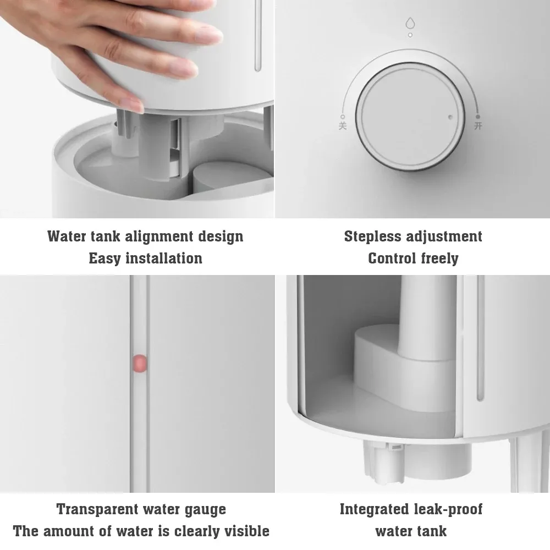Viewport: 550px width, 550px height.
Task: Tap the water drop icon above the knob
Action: (x=410, y=23)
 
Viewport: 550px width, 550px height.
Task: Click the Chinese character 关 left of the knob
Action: (x=343, y=125)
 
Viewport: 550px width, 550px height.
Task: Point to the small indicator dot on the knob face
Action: (x=450, y=117)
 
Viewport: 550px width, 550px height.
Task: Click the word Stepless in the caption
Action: (x=373, y=237)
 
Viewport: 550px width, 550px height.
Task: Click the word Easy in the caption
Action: (x=105, y=258)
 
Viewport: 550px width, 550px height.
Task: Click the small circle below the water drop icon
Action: (x=410, y=35)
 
